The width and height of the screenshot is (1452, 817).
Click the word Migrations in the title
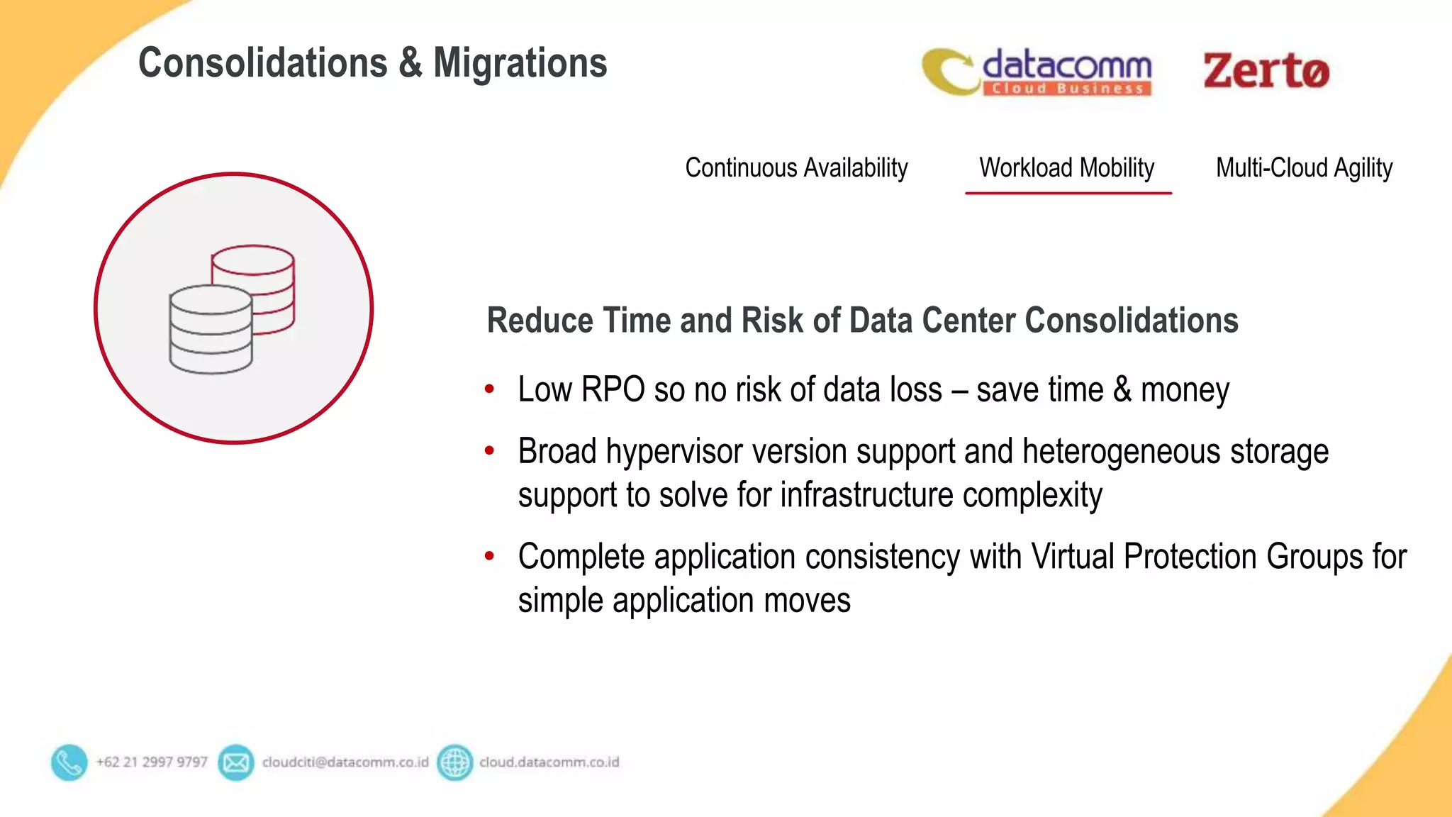(520, 63)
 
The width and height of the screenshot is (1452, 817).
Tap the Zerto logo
(1266, 71)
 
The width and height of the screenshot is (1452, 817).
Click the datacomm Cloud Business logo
(1037, 72)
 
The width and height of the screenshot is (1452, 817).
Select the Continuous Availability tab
(796, 168)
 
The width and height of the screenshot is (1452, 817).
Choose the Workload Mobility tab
(1066, 168)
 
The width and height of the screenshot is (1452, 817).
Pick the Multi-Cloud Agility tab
(1304, 168)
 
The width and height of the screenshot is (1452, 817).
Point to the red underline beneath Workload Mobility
(1068, 192)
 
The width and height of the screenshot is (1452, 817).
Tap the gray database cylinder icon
(211, 330)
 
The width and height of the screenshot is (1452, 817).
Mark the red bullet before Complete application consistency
(489, 556)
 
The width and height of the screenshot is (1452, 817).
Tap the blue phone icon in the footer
(69, 762)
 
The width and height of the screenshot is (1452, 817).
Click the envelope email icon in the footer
(235, 762)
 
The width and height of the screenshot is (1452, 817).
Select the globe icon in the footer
(454, 762)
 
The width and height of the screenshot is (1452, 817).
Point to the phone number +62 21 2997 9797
(152, 762)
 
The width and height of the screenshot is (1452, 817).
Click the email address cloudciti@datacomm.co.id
(345, 762)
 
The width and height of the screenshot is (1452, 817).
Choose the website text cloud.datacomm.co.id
(549, 762)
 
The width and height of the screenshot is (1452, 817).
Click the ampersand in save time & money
(1122, 390)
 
